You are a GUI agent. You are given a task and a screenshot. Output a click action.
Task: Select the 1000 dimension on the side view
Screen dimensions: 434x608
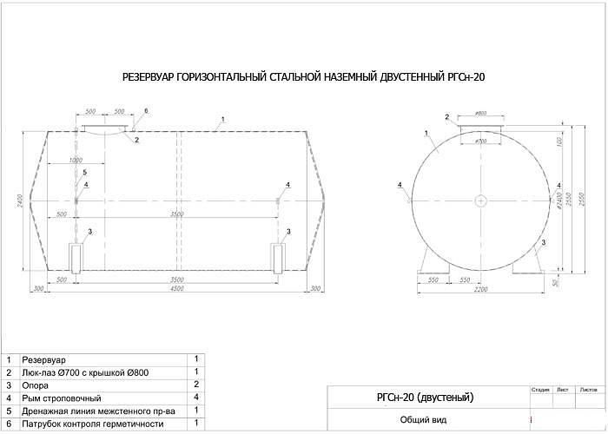pyautogui.click(x=76, y=161)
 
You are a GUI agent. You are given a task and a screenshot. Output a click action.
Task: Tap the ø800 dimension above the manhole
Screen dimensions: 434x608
pyautogui.click(x=480, y=115)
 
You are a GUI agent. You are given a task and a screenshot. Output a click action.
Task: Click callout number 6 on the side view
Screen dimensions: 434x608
pyautogui.click(x=146, y=111)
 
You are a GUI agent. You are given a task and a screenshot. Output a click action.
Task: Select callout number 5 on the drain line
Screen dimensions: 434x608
pyautogui.click(x=85, y=173)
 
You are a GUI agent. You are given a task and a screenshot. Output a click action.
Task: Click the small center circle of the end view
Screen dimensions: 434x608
pyautogui.click(x=480, y=201)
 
